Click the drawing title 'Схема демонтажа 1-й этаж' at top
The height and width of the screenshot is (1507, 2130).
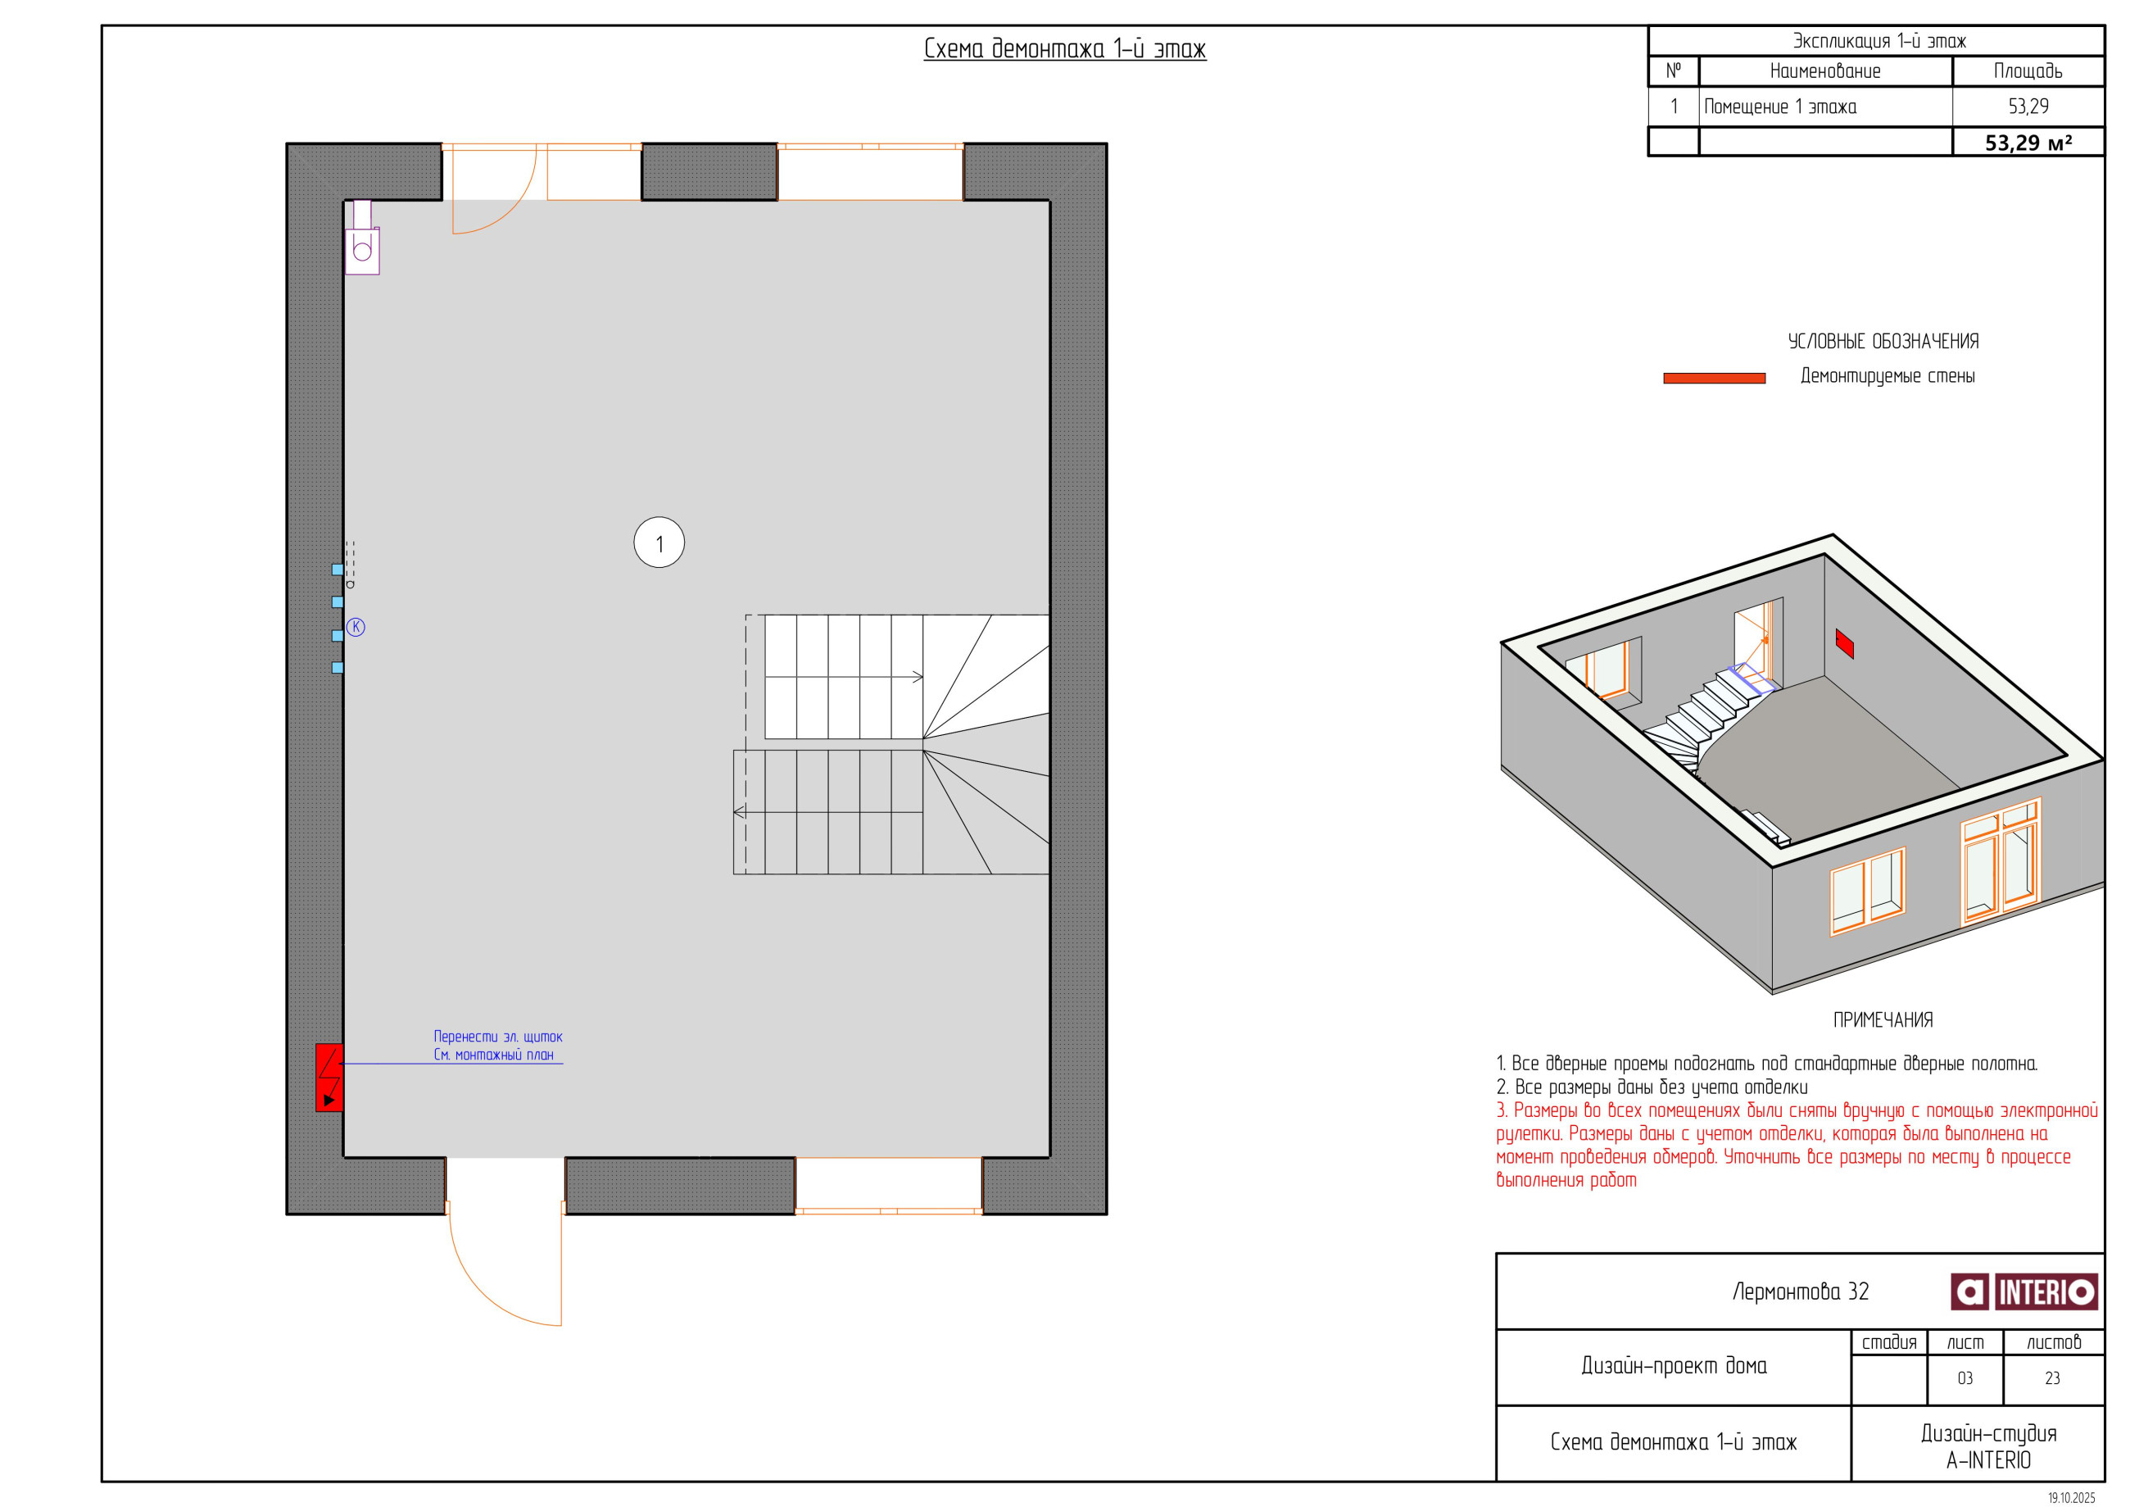tap(1064, 48)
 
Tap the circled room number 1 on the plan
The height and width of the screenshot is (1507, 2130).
tap(659, 542)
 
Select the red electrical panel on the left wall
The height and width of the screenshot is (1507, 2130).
tap(329, 1078)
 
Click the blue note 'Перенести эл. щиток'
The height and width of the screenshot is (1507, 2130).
tap(497, 1037)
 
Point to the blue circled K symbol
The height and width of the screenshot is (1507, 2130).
tap(356, 627)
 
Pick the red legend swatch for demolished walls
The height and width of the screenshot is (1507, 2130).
tap(1714, 378)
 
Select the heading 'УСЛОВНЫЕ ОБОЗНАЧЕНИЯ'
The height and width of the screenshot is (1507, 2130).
tap(1883, 342)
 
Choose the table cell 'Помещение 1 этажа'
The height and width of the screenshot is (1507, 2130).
tap(1779, 107)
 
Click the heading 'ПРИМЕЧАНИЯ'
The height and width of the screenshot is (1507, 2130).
tap(1883, 1019)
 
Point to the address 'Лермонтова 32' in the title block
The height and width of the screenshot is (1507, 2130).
tap(1800, 1291)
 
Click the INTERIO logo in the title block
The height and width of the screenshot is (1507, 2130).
tap(2023, 1291)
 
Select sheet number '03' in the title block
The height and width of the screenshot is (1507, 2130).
tap(1965, 1379)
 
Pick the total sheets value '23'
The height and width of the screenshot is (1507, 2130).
tap(2052, 1379)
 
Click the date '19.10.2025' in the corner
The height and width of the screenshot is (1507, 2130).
tap(2071, 1498)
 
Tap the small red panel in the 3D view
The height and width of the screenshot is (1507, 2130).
tap(1844, 643)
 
